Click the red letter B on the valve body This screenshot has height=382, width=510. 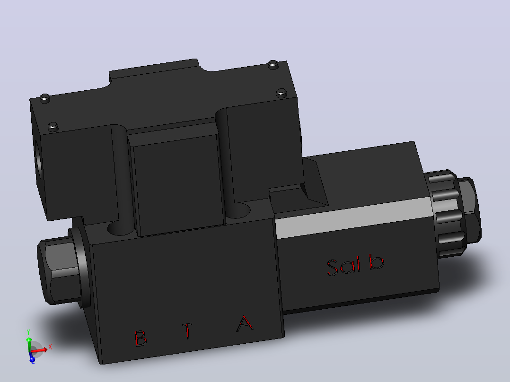point(141,339)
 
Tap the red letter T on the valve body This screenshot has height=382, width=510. point(187,330)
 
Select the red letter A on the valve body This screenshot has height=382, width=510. point(245,323)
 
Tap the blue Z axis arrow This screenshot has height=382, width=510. point(32,356)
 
